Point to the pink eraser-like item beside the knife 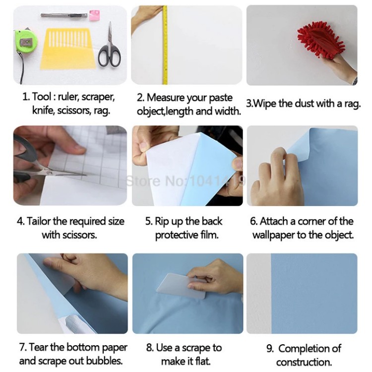[94, 15]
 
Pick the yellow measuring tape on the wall [165, 45]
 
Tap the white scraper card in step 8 [182, 286]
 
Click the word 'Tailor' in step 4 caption [39, 221]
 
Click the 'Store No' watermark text [186, 181]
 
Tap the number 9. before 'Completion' [270, 349]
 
